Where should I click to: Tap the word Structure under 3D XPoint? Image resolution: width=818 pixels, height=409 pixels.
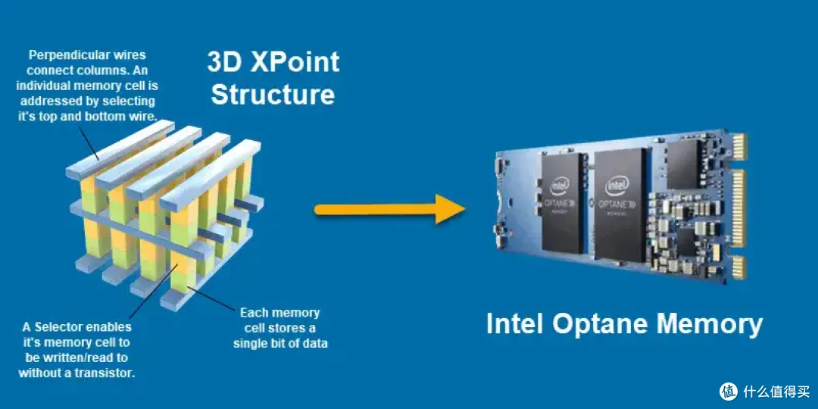point(273,95)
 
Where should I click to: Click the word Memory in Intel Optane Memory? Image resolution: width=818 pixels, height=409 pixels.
point(710,324)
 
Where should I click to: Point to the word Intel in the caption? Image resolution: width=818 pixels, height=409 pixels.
point(517,324)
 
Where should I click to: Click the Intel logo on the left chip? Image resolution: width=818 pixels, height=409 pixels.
point(559,186)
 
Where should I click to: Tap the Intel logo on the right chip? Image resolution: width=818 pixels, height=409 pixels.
point(617,186)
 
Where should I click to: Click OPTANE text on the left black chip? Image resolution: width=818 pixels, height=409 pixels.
point(557,201)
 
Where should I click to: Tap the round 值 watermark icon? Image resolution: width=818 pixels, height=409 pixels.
point(729,392)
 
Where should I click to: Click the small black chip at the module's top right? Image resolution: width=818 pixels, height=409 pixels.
point(683,164)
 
